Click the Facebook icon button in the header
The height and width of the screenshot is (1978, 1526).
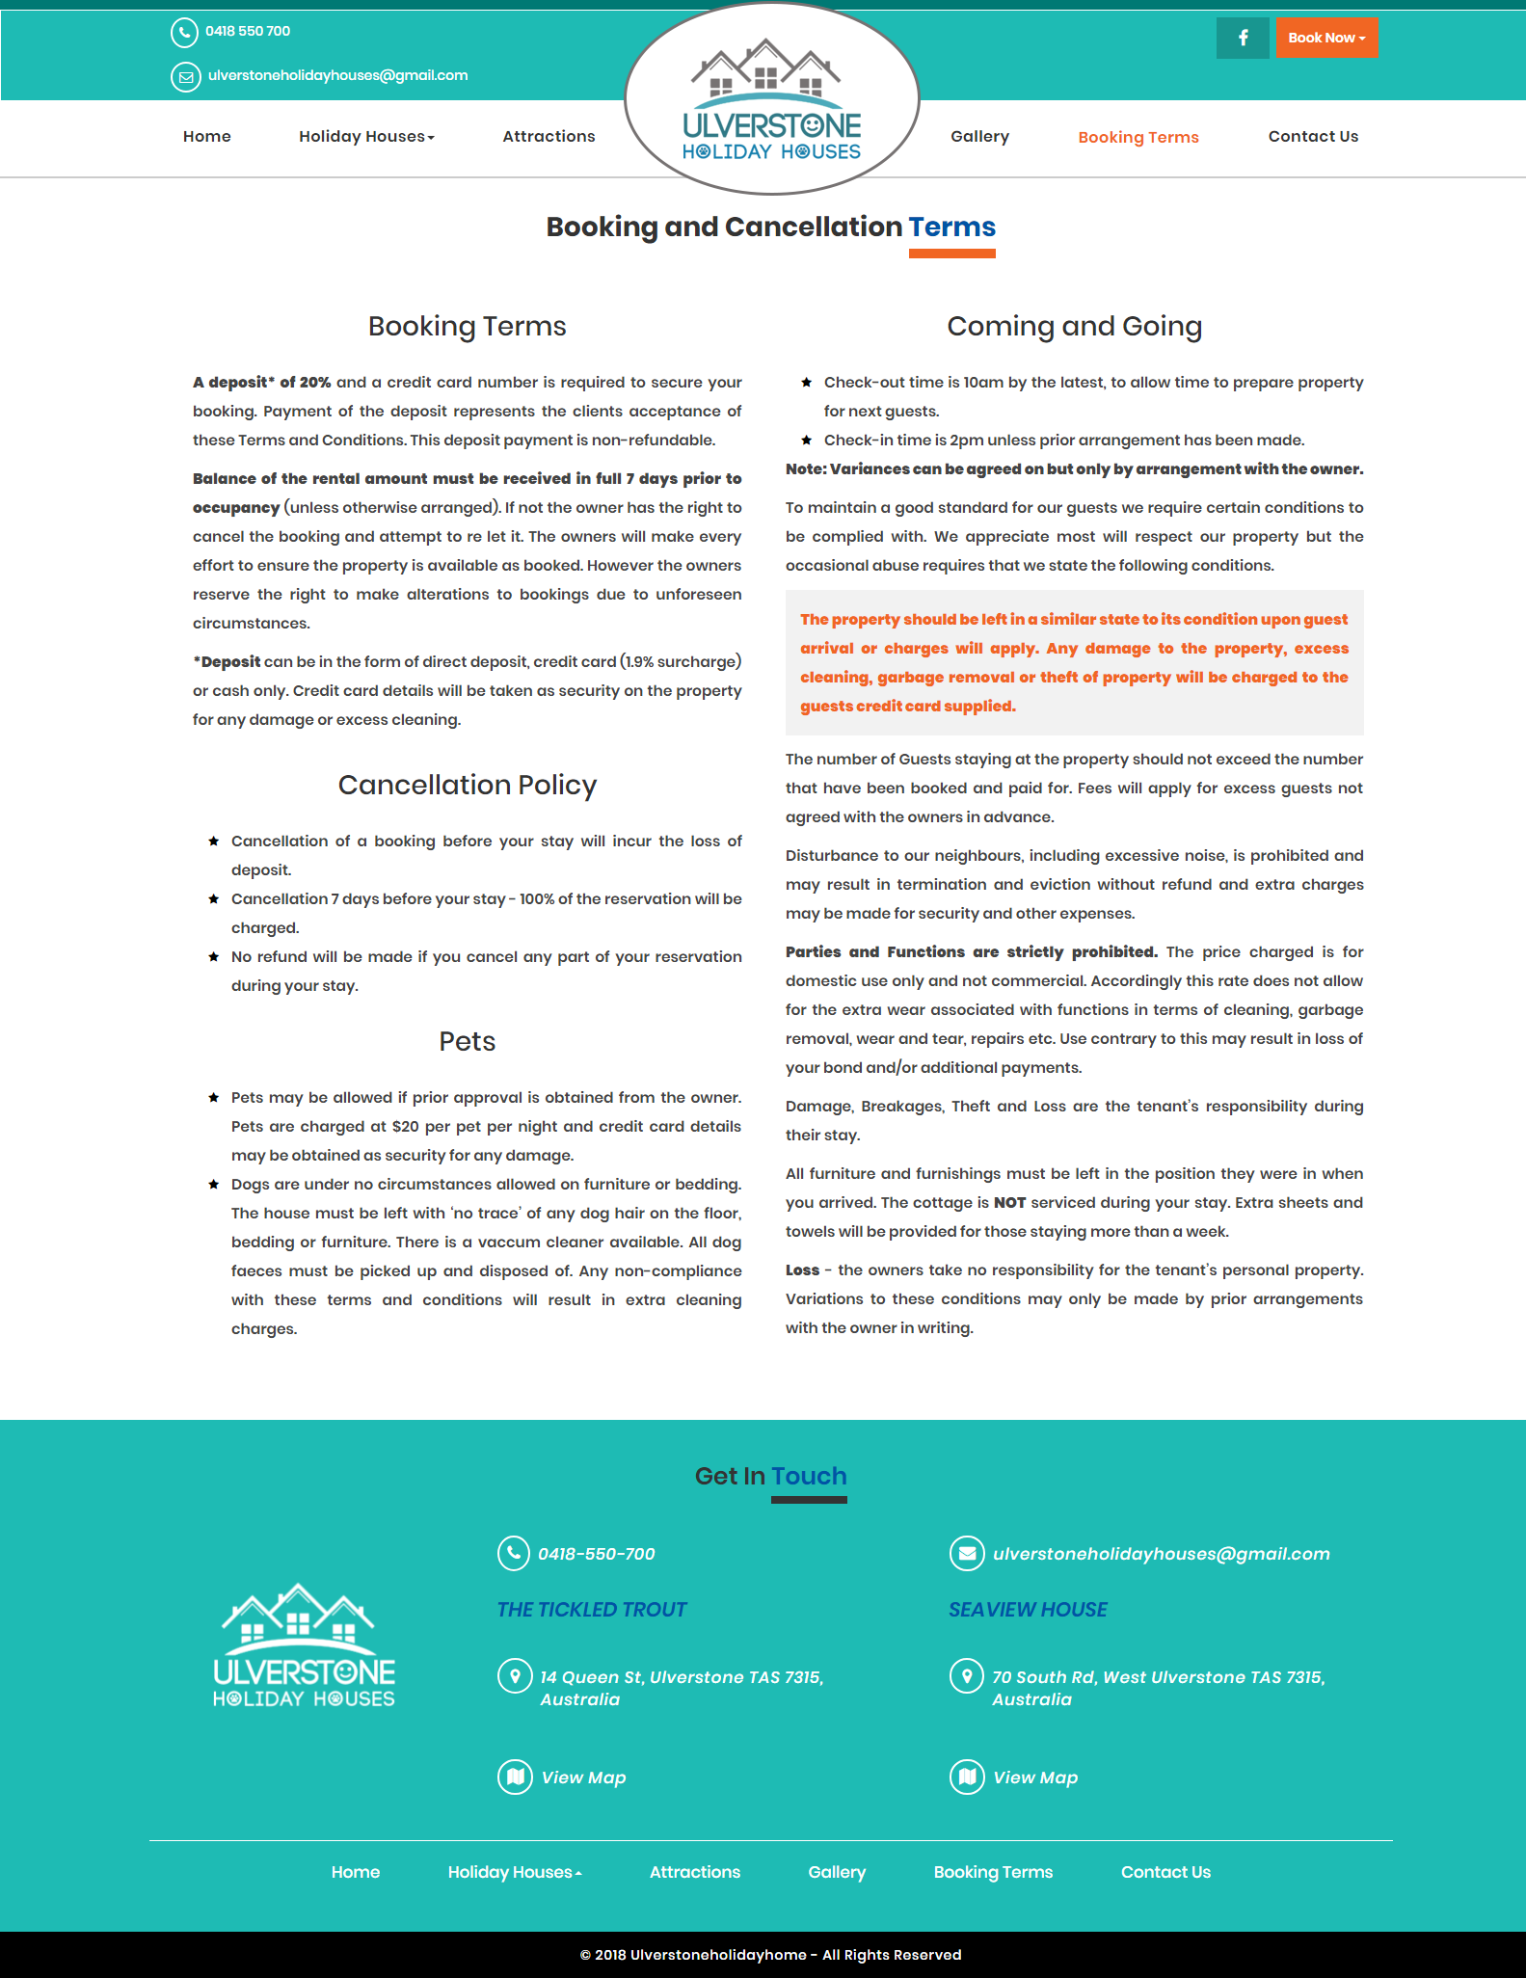(1243, 38)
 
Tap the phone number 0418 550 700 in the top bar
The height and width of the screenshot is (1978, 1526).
(247, 31)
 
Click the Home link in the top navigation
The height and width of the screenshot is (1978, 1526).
(206, 136)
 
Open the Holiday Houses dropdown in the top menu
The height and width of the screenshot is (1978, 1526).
(366, 136)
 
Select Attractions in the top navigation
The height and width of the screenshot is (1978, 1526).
(549, 136)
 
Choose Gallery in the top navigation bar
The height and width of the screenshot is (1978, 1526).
(979, 136)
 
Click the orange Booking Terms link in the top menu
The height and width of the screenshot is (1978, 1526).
(1138, 137)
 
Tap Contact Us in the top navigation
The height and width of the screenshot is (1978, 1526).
(1313, 136)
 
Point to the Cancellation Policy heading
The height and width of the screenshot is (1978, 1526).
(468, 785)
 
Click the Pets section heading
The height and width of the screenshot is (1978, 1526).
(468, 1041)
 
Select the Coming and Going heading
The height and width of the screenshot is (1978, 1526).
(1074, 326)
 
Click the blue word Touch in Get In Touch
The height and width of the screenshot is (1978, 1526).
(809, 1476)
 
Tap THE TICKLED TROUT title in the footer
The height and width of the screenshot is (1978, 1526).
(592, 1609)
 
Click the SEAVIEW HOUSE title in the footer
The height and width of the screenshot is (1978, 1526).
(1028, 1609)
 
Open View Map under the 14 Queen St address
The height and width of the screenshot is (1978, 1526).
(583, 1777)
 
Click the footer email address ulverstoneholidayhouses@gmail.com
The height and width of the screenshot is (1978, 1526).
(1161, 1553)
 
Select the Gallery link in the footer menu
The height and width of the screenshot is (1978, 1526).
(837, 1871)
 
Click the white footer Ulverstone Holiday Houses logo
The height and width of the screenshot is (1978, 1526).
(304, 1644)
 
